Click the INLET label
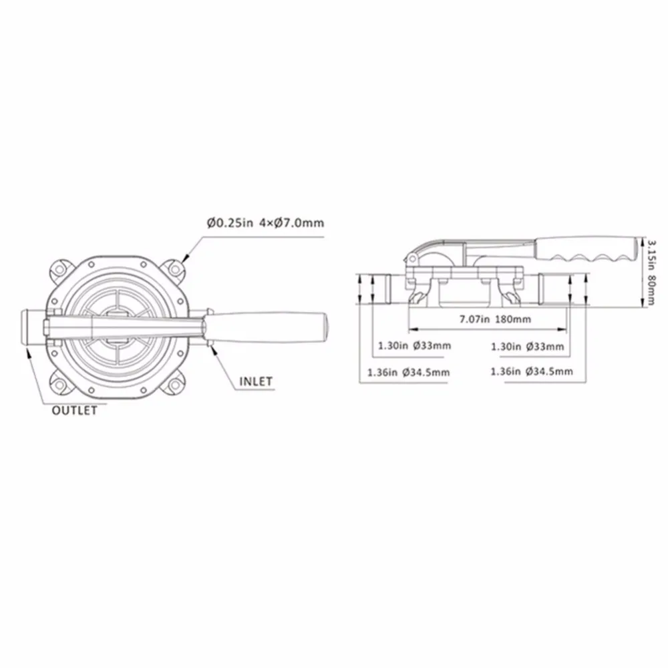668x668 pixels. point(256,381)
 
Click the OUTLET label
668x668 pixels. point(75,411)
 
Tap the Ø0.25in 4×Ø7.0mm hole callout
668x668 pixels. point(265,223)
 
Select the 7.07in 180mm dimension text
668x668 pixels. point(495,319)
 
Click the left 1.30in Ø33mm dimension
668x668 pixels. point(415,345)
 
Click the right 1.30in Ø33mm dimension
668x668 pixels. point(528,346)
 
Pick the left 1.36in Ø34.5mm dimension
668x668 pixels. point(409,373)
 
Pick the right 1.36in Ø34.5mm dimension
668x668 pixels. point(532,371)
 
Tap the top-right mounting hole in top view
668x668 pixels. point(174,269)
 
